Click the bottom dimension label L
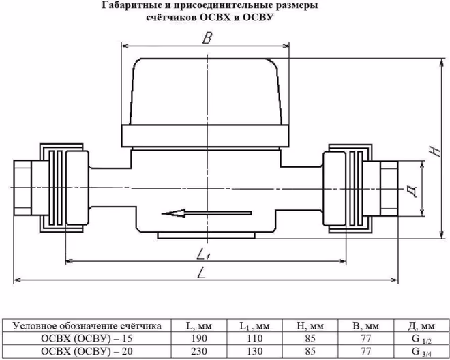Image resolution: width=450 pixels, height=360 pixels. pos(202,274)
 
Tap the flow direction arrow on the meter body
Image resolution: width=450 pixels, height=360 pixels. pos(194,215)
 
